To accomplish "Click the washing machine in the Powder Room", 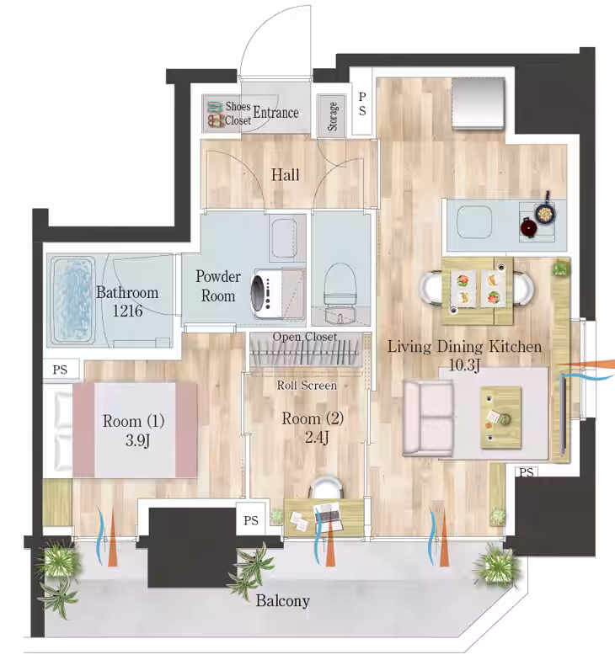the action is tap(266, 293).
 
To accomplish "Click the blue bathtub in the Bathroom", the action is tap(72, 300).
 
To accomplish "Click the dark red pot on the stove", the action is tap(529, 227).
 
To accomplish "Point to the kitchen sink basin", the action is tap(474, 222).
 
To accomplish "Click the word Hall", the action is tap(285, 175).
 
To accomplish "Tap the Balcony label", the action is tap(283, 601).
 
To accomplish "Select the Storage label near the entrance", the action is tap(332, 116).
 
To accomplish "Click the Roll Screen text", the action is tap(307, 386).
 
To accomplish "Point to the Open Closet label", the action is tap(305, 337).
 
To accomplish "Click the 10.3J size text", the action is tap(464, 365).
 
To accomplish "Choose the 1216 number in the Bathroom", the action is tap(127, 311).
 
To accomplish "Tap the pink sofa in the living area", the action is tap(428, 418).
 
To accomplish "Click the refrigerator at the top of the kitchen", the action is tap(479, 104).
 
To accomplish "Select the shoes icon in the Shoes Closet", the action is tap(216, 114).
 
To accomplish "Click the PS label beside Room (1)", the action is tap(60, 370).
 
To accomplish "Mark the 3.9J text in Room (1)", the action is tap(138, 440).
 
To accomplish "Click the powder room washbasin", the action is tap(284, 239).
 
